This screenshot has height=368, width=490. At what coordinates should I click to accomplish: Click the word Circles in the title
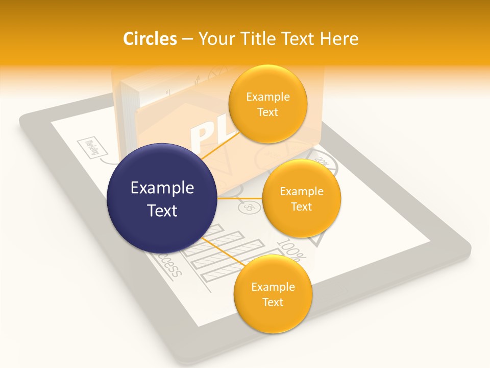pos(150,39)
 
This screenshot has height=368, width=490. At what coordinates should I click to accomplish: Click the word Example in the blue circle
pos(162,188)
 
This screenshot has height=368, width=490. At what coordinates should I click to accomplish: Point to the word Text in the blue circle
pos(162,211)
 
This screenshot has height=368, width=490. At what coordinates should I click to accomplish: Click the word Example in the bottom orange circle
pos(273,287)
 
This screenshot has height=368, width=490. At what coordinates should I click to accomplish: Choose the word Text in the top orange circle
pos(267,112)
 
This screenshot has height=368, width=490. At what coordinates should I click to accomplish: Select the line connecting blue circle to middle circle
pos(240,198)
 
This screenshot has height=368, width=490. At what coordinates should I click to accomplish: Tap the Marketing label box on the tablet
pos(93,148)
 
